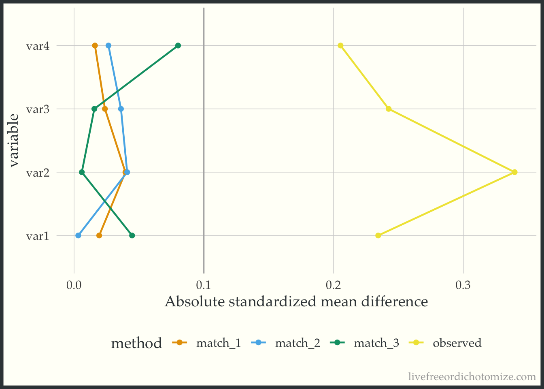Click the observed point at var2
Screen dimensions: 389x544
514,172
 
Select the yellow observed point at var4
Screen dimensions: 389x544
340,45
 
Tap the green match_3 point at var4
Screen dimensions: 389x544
178,45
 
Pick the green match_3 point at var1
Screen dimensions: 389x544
132,235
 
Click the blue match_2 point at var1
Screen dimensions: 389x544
78,235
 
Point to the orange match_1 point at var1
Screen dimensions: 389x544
99,235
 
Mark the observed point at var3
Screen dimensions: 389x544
389,109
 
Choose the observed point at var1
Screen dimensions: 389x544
378,235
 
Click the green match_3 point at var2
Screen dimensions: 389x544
82,172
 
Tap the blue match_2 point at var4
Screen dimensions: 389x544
108,45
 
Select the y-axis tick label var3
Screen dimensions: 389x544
38,109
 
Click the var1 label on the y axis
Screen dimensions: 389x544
38,236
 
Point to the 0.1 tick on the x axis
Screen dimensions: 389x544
204,285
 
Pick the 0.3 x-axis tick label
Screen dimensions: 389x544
463,285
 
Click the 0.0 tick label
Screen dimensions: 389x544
74,285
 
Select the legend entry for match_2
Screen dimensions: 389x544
297,343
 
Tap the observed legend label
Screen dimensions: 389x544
457,343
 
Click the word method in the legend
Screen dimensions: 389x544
136,344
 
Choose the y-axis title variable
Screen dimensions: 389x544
14,141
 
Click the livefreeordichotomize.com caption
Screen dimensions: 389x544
472,377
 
